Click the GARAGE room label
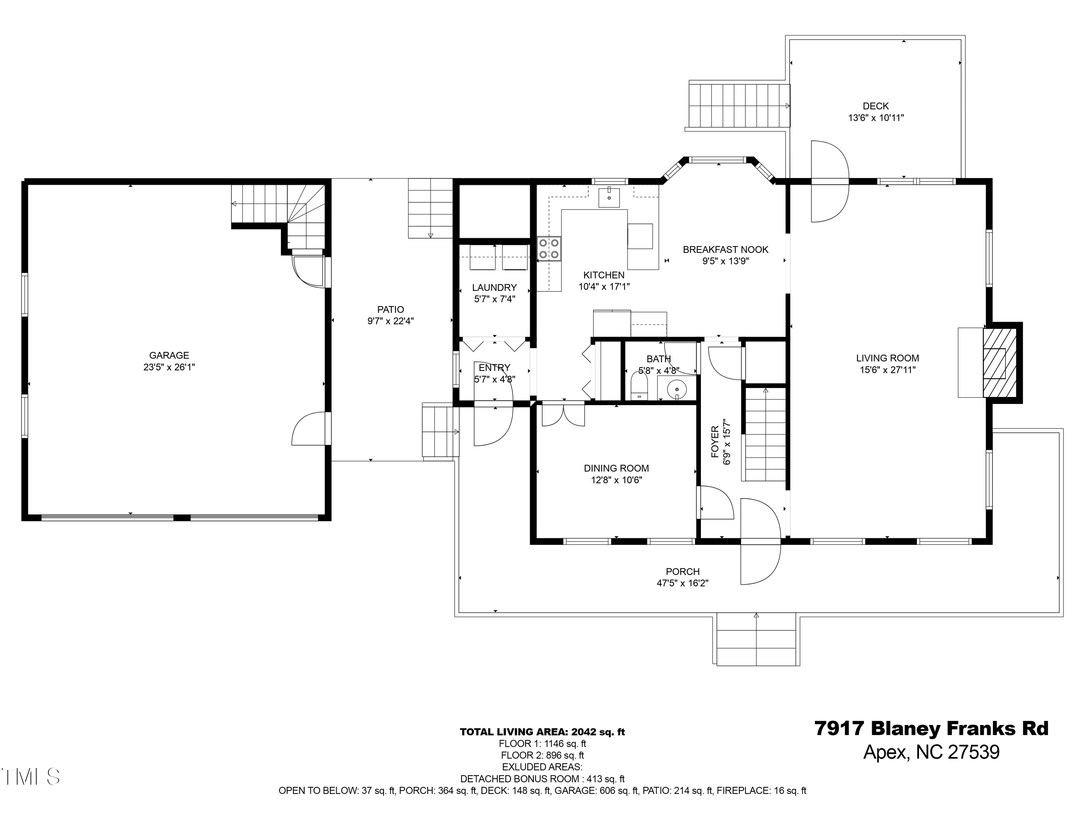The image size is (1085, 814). (169, 355)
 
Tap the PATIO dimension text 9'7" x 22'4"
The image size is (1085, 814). (391, 321)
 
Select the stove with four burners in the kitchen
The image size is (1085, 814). (549, 248)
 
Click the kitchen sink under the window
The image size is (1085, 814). (609, 198)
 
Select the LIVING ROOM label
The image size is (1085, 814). (887, 359)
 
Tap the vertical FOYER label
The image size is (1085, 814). (715, 442)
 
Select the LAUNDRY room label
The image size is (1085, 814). (494, 288)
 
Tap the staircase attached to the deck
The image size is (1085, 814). (738, 106)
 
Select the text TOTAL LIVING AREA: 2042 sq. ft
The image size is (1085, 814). (542, 732)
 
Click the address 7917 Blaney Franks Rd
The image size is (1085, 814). (931, 729)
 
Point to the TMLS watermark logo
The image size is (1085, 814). (30, 777)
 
